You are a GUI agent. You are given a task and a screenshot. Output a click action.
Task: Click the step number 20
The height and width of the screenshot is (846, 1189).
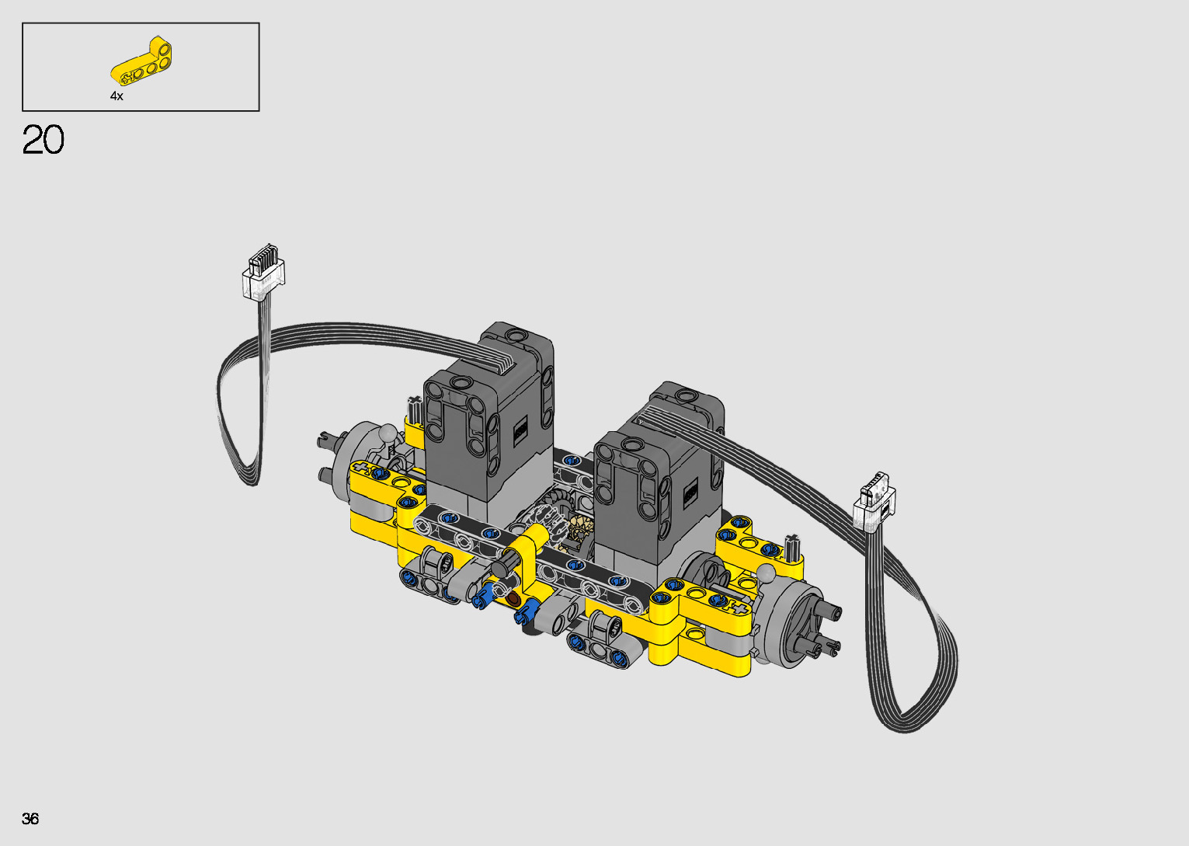pos(43,140)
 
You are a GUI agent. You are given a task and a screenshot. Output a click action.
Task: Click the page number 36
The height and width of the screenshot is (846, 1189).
pos(30,818)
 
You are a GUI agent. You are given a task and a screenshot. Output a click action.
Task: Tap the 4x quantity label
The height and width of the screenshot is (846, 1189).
pos(116,96)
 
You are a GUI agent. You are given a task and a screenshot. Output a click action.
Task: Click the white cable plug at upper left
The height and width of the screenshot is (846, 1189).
pos(264,273)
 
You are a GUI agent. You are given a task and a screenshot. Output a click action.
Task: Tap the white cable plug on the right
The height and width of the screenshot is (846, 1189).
pos(874,502)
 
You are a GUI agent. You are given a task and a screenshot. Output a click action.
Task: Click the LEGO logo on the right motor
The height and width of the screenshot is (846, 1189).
pos(690,495)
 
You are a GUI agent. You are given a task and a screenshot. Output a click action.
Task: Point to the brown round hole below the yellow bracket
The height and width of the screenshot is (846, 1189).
pos(513,599)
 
